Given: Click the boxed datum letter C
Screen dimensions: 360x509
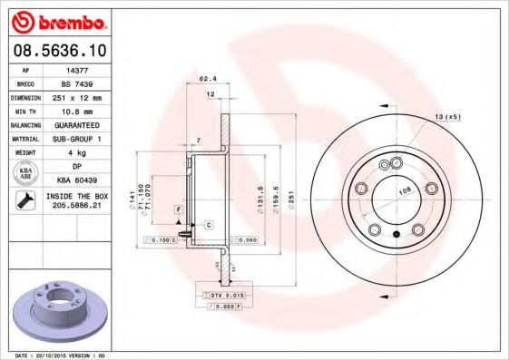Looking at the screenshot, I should (x=208, y=223).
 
